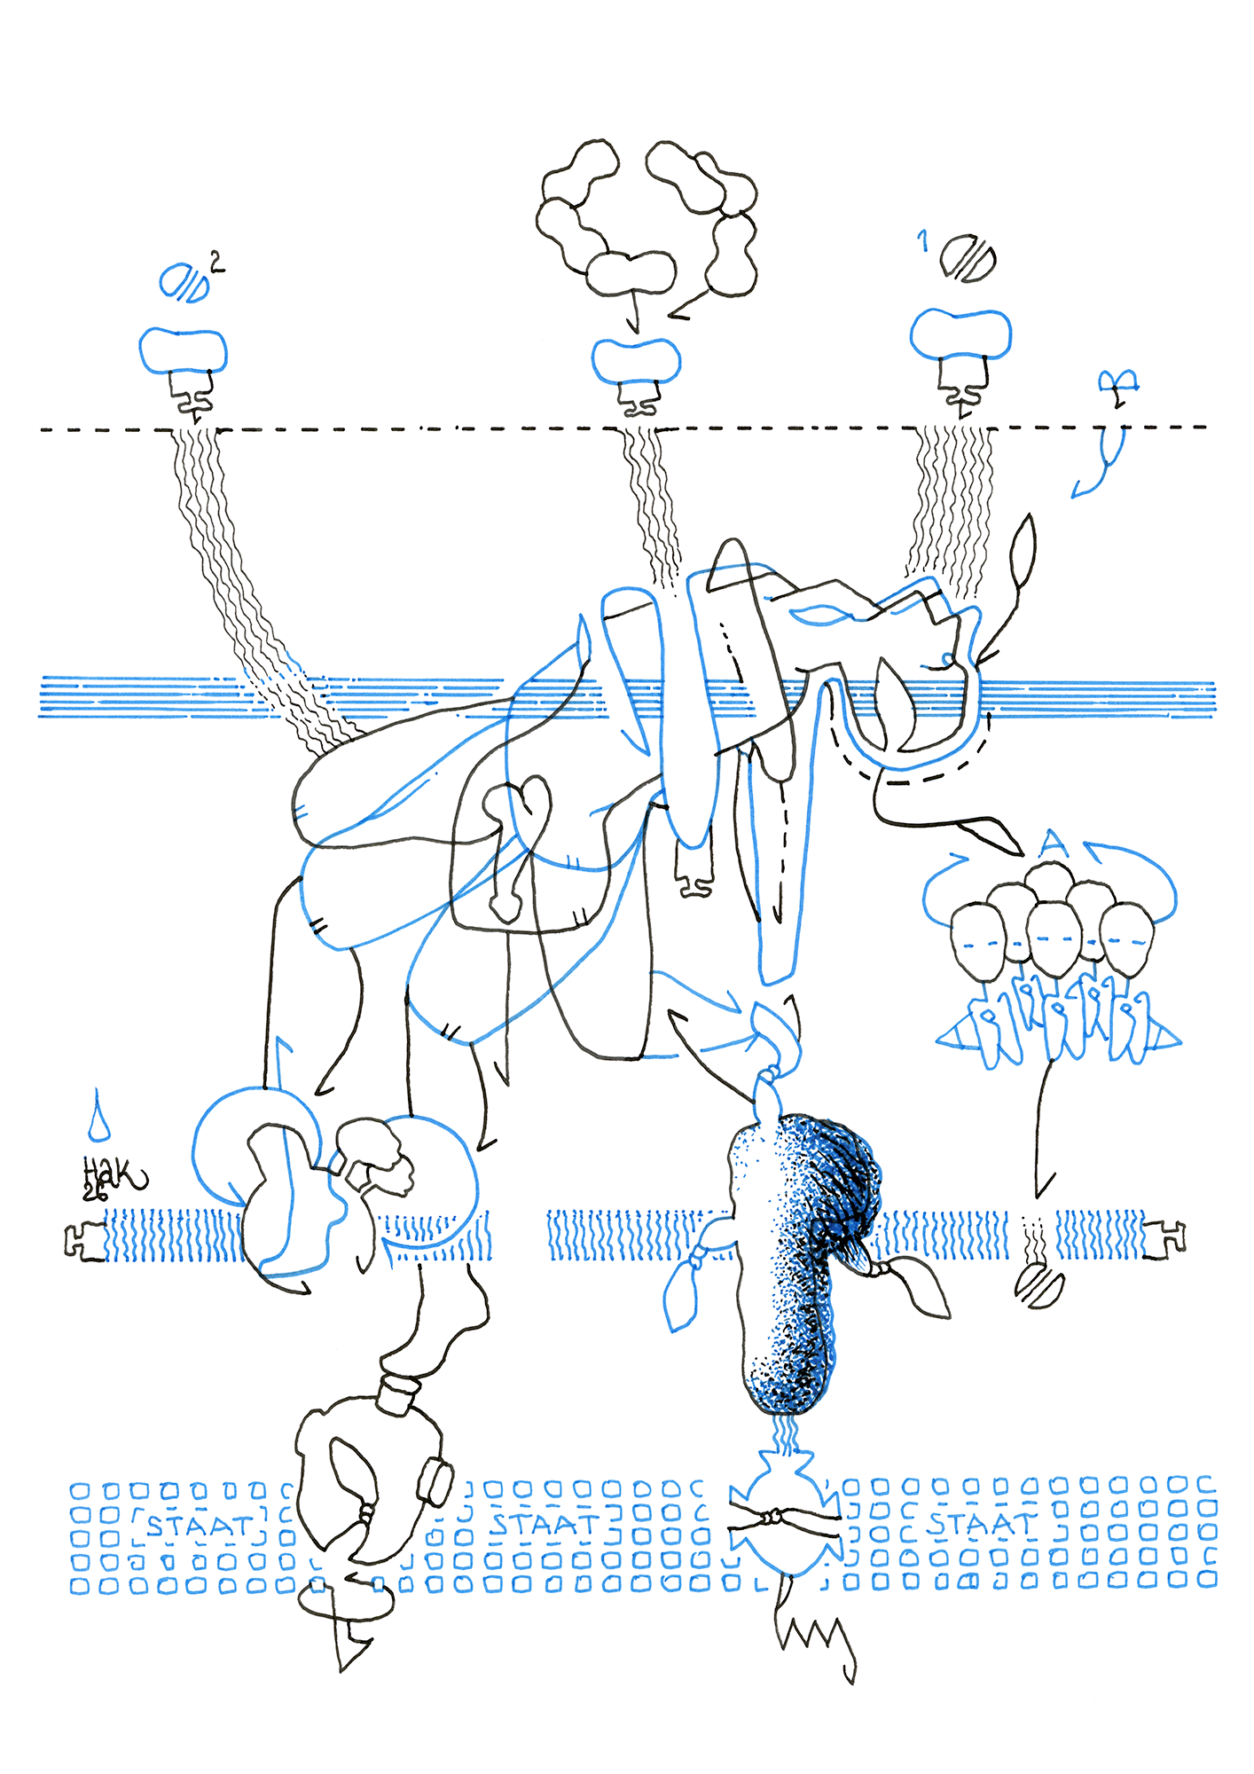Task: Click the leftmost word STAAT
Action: pos(199,1527)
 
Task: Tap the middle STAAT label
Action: pos(545,1525)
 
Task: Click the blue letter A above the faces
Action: pos(1052,842)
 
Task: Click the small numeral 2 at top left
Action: pos(216,262)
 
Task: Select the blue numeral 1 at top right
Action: pos(924,239)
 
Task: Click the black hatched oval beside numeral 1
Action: pos(968,258)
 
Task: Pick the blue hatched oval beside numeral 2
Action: pos(184,284)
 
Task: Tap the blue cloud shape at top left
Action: pos(184,349)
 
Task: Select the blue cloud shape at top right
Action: pos(960,334)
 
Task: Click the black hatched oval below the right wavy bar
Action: pos(1038,1285)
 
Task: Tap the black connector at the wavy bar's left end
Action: pos(84,1240)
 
